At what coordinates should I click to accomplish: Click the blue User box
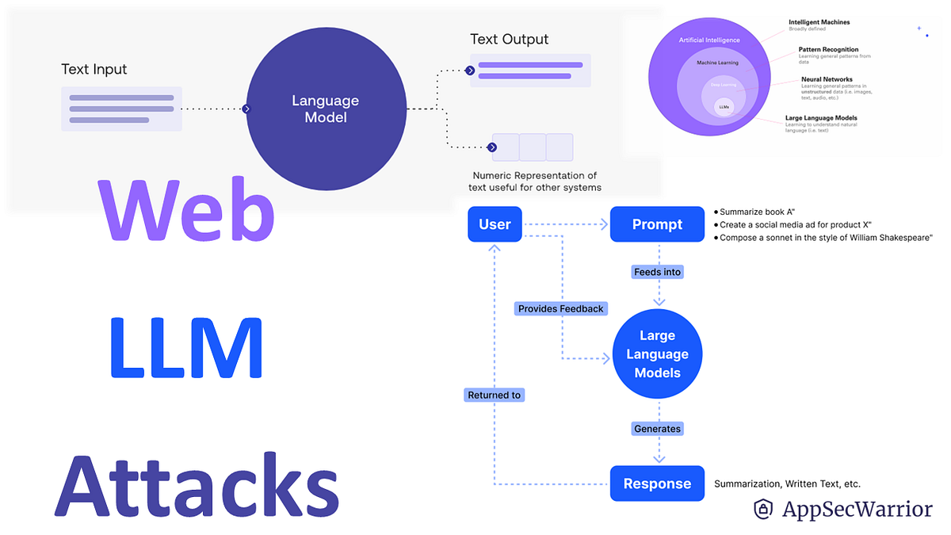pos(495,224)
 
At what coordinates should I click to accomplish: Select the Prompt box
pos(657,224)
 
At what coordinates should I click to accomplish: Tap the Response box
pos(657,483)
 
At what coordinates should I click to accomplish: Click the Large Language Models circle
pos(657,354)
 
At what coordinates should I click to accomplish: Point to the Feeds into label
pos(657,272)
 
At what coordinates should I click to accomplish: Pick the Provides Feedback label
pos(560,308)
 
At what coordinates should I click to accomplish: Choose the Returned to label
pos(495,395)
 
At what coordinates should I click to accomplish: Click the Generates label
pos(657,429)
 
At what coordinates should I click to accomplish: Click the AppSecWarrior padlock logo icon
pos(763,509)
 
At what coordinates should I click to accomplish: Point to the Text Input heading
pos(94,69)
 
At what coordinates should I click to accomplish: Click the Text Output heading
pos(509,39)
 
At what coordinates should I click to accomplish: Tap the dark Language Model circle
pos(325,109)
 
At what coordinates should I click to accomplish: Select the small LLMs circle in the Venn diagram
pos(724,106)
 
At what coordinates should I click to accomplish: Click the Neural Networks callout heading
pos(827,79)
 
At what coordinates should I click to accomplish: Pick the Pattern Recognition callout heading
pos(828,50)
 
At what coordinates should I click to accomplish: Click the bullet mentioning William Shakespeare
pos(824,238)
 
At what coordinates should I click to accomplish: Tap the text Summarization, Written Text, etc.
pos(787,483)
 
